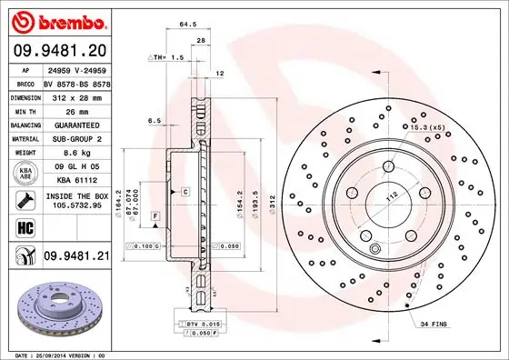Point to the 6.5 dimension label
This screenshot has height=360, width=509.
(x=155, y=120)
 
